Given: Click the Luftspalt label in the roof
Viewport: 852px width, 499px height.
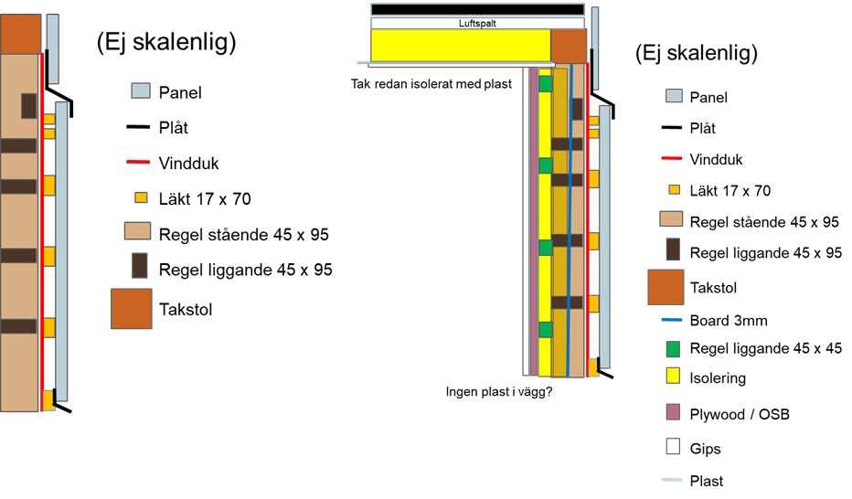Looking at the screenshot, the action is (x=477, y=24).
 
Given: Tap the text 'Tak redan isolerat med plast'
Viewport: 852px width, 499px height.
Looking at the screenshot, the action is (x=431, y=84).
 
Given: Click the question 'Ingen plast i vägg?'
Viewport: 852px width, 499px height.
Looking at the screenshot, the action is (x=499, y=391).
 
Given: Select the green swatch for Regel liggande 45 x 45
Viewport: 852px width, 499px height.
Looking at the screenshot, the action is (x=673, y=348).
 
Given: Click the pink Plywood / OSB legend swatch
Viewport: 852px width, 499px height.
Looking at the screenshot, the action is (x=673, y=412).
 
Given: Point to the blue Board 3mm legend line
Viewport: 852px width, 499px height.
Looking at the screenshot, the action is (x=672, y=320).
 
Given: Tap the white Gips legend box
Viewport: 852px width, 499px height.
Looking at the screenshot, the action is (x=673, y=446).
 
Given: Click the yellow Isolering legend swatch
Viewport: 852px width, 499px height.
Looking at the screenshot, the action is (x=673, y=376).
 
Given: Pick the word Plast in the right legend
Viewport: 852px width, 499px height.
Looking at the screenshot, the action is (x=707, y=481).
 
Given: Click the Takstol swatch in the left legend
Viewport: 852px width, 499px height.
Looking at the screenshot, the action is (x=132, y=308).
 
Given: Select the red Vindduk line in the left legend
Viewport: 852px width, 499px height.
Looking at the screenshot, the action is (x=138, y=162).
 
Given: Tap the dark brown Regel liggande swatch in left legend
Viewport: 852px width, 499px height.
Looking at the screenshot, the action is (x=140, y=266).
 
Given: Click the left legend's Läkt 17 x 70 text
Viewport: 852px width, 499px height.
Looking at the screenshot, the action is (x=205, y=198).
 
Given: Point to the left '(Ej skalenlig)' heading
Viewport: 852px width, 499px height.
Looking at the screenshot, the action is (x=166, y=42).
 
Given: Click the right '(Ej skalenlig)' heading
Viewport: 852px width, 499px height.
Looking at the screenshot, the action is (x=696, y=53).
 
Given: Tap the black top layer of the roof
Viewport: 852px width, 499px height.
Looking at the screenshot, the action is (x=477, y=9).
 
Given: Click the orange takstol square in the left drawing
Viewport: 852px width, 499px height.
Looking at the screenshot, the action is (x=21, y=34).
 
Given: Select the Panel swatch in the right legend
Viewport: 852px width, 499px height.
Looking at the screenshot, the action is (x=674, y=96).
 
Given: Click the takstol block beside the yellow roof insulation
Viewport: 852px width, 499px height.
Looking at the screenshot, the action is (x=569, y=47).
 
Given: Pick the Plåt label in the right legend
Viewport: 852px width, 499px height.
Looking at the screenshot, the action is (x=703, y=129).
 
